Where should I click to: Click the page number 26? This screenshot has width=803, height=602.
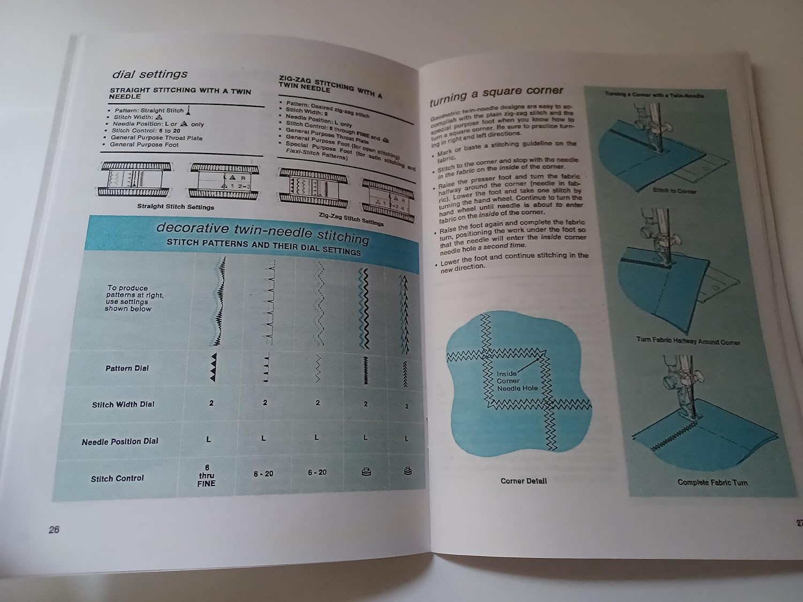tap(54, 530)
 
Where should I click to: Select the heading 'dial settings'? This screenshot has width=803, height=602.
tap(149, 74)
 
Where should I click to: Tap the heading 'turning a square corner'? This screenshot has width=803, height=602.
tap(496, 94)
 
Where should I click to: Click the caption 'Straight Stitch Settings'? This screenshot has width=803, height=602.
tap(175, 207)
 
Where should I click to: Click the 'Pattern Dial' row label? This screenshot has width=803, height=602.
tap(127, 368)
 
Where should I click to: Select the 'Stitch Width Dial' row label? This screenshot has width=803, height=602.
tap(123, 405)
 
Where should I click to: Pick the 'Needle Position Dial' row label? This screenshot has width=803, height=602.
tap(120, 441)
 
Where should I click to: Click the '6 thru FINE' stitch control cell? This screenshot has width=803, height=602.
tap(207, 476)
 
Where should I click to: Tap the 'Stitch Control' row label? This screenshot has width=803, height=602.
tap(117, 478)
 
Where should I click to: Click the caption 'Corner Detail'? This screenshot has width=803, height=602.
tap(523, 481)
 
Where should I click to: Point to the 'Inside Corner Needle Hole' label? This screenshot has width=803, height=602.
tap(516, 381)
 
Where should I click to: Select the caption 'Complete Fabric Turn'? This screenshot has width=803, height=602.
tap(712, 482)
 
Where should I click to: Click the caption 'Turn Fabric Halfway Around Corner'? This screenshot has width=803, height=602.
tap(688, 341)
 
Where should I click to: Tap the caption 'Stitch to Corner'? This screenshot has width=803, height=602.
tap(675, 190)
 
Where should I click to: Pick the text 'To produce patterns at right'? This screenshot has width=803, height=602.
tap(128, 298)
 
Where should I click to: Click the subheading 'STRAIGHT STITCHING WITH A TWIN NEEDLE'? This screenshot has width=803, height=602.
tap(180, 94)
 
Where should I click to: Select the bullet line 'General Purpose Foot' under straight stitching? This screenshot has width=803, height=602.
tap(144, 144)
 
